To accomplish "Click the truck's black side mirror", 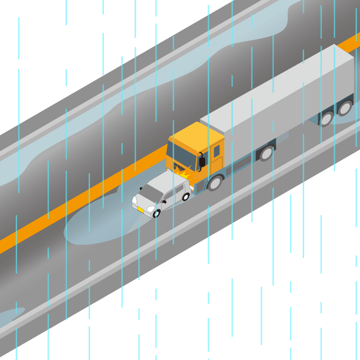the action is pos(202,162).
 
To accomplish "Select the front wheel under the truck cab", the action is pos(215,182).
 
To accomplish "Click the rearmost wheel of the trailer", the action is pos(345,108).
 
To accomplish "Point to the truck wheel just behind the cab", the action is pos(266,153).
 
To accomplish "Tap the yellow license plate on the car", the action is pos(140,210).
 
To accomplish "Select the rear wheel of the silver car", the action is pos(185,197).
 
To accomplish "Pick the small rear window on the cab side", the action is pos(216,151).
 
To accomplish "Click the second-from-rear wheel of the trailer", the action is pos(326,118).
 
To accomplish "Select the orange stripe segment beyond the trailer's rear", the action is pos(351,43).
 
